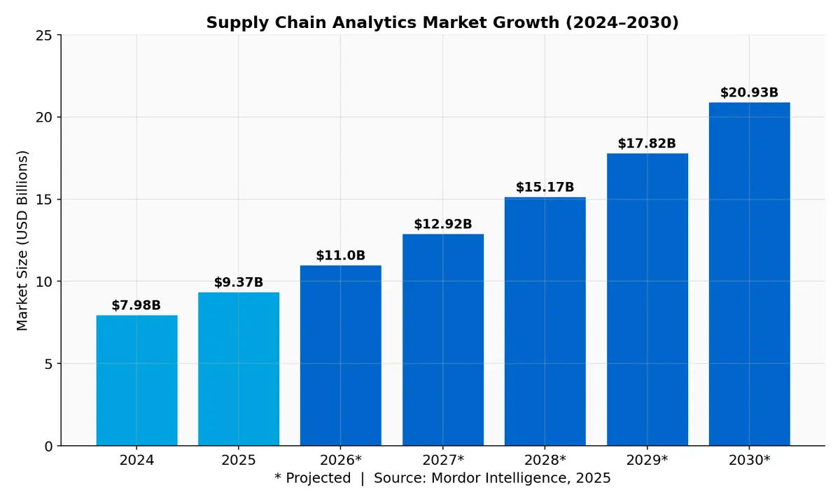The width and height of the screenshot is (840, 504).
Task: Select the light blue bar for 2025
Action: tap(239, 369)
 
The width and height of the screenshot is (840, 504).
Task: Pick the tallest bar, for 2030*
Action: tap(749, 274)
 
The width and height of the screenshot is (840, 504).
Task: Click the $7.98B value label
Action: tap(136, 305)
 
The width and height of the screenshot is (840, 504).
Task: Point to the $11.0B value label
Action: tap(341, 255)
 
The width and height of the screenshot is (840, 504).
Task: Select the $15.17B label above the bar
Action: tap(545, 187)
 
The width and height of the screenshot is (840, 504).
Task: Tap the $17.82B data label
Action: tap(647, 143)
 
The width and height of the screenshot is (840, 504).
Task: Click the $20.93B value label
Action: tap(749, 92)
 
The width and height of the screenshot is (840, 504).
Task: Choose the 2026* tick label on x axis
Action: tap(341, 461)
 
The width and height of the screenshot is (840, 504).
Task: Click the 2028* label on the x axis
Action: tap(545, 461)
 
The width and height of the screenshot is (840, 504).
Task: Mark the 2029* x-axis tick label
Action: tap(647, 461)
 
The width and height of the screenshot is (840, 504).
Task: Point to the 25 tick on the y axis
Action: tap(44, 35)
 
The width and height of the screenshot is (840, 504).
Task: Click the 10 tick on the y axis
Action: tap(44, 281)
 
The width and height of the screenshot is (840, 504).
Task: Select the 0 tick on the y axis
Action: tap(49, 446)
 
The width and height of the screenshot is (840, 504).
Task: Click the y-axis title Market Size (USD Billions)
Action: tap(22, 240)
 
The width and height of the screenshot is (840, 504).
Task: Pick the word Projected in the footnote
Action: tap(318, 478)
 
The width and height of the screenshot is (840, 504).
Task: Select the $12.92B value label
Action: tap(443, 224)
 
